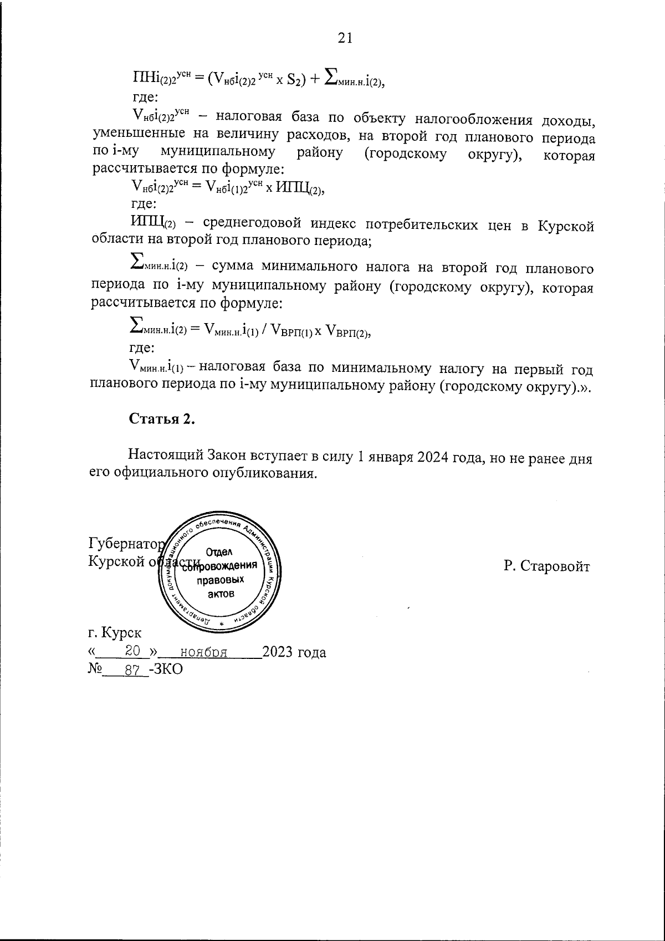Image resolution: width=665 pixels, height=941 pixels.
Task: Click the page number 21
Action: [345, 38]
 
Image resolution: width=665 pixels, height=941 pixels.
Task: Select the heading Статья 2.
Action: [162, 419]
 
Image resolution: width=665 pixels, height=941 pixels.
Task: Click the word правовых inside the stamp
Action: [220, 580]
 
